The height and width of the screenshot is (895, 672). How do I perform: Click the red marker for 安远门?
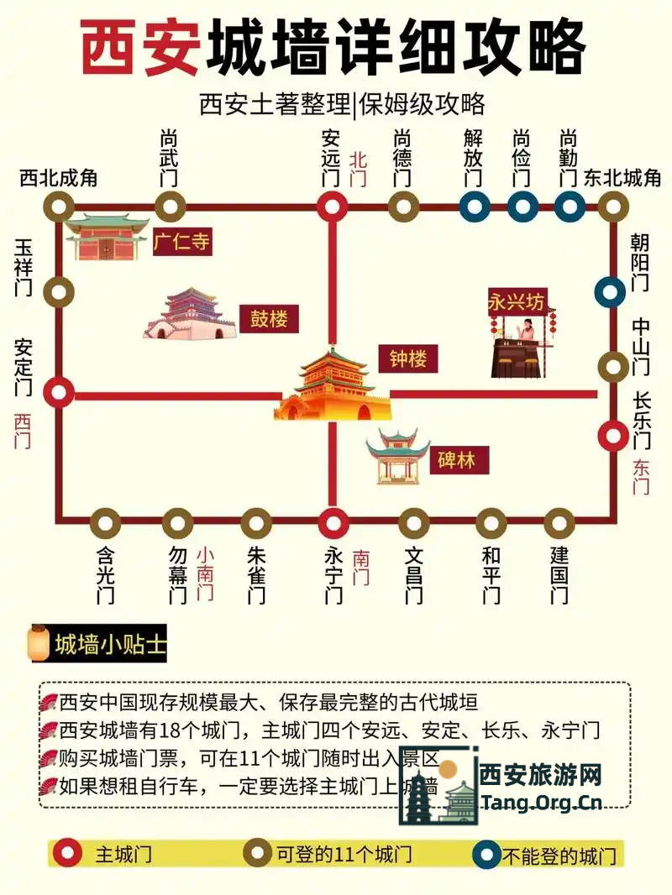[x=333, y=206]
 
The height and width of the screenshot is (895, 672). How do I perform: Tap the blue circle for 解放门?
[x=475, y=206]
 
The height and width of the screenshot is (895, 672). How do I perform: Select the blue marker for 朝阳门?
[x=610, y=292]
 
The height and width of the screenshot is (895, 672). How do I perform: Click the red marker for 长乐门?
[x=612, y=435]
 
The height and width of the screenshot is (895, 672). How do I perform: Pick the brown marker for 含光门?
[x=105, y=523]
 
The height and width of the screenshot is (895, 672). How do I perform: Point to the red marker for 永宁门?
[x=333, y=523]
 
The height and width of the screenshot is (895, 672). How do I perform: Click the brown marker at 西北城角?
[x=59, y=206]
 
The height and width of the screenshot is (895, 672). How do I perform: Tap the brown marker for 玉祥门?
[x=59, y=292]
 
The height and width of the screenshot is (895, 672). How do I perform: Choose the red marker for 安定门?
[x=59, y=391]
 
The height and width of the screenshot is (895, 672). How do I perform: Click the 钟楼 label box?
[x=407, y=359]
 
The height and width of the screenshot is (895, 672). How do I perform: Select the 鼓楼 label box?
[x=269, y=319]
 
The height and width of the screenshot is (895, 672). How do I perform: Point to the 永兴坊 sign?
[x=517, y=301]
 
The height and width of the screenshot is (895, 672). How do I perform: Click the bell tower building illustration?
[x=333, y=386]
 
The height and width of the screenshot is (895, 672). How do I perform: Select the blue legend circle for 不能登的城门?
[x=486, y=855]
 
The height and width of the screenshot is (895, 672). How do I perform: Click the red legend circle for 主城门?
[x=67, y=855]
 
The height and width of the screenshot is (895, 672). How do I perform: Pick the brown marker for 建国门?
[x=559, y=523]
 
